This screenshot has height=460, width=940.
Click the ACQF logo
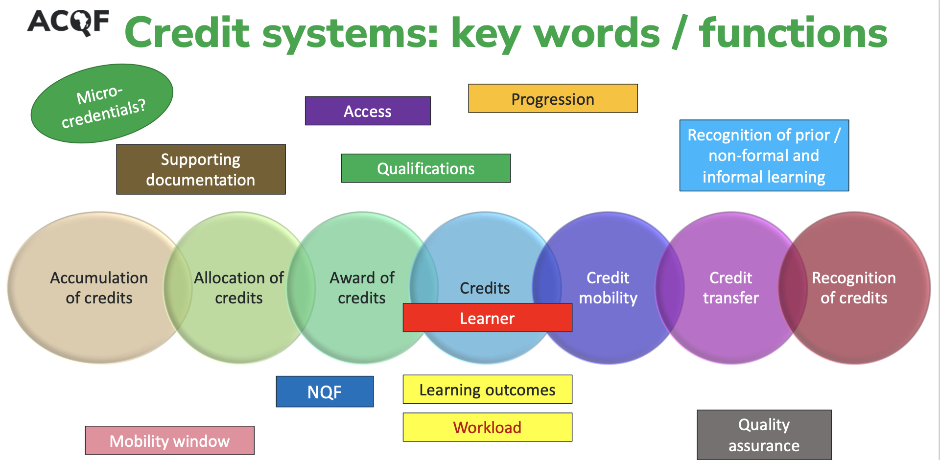68,23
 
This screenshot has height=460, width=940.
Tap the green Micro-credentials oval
102,103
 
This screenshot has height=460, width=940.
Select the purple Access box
368,111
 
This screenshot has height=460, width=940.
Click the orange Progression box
553,99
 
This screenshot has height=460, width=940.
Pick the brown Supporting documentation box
201,169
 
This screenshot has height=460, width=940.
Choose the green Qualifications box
426,168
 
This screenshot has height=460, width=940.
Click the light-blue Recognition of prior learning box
764,156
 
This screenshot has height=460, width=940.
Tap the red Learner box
487,318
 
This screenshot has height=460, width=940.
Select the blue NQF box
325,391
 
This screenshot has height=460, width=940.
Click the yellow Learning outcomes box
487,390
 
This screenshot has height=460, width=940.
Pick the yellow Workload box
487,427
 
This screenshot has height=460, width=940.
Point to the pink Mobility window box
169,440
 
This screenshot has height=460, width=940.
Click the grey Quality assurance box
764,435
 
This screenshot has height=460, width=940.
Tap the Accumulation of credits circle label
99,288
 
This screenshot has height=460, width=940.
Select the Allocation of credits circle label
239,288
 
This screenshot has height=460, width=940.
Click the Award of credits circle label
362,288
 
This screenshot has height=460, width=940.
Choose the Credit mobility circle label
608,288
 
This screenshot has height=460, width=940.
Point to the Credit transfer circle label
731,288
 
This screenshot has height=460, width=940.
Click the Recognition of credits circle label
854,288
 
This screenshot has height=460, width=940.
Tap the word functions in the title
793,33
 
